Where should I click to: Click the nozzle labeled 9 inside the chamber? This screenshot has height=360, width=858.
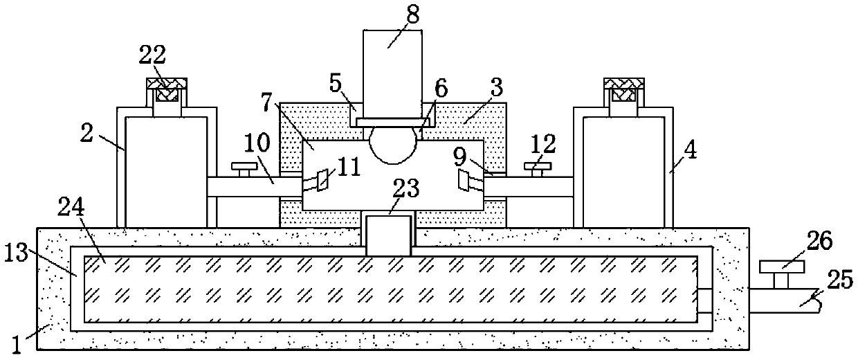[468, 181]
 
